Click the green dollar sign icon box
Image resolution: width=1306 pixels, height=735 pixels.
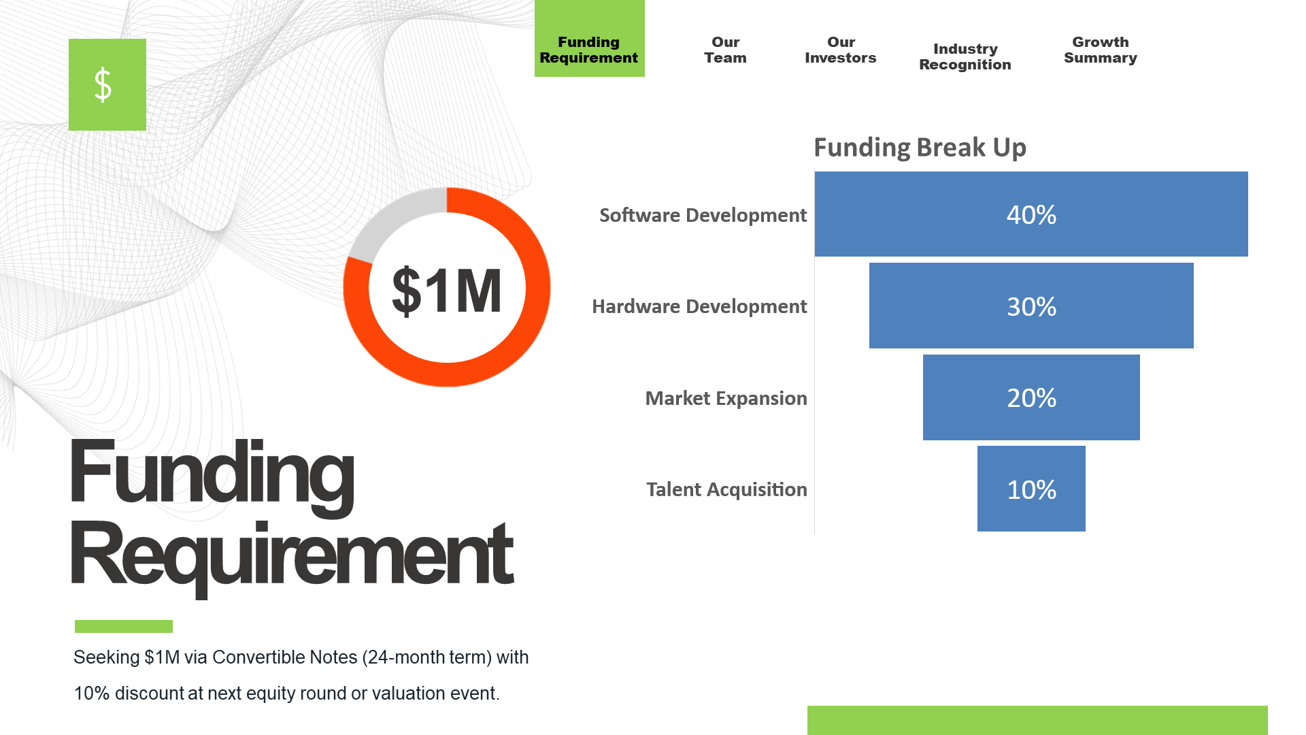pyautogui.click(x=107, y=84)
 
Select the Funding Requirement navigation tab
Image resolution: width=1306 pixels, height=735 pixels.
pyautogui.click(x=589, y=39)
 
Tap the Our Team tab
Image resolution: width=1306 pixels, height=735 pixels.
pyautogui.click(x=725, y=50)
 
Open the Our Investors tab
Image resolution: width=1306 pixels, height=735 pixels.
pyautogui.click(x=841, y=50)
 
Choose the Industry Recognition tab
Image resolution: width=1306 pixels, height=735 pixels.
pyautogui.click(x=965, y=57)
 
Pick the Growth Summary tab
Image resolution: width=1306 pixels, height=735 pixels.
pyautogui.click(x=1101, y=50)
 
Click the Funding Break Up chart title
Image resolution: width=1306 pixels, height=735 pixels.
pyautogui.click(x=920, y=148)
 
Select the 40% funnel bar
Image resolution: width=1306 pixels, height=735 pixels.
pyautogui.click(x=1031, y=214)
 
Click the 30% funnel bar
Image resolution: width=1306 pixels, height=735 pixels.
pyautogui.click(x=1031, y=306)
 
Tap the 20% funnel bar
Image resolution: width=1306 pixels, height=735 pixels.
pyautogui.click(x=1031, y=397)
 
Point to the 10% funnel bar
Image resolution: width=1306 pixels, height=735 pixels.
pyautogui.click(x=1031, y=489)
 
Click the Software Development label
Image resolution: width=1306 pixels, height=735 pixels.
pyautogui.click(x=703, y=215)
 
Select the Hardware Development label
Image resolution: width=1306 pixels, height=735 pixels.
pyautogui.click(x=699, y=306)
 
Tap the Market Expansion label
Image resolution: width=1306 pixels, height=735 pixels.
pyautogui.click(x=726, y=398)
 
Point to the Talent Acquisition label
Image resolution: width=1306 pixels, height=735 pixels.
pyautogui.click(x=726, y=489)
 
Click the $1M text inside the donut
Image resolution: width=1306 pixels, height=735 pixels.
pyautogui.click(x=447, y=291)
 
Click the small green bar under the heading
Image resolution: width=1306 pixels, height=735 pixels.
pyautogui.click(x=124, y=626)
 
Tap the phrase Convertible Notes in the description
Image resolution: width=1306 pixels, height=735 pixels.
pyautogui.click(x=285, y=657)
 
